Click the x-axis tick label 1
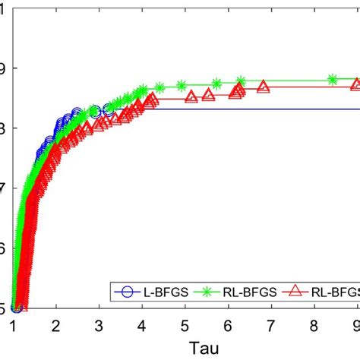point(14,324)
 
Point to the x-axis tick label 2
point(56,324)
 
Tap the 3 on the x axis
point(99,324)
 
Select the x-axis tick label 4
point(141,324)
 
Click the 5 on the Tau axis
point(185,324)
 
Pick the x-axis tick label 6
point(227,324)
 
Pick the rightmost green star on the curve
point(333,79)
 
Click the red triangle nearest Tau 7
point(264,87)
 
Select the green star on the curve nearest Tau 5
point(182,85)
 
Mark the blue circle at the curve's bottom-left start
point(16,307)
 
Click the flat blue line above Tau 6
point(227,109)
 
